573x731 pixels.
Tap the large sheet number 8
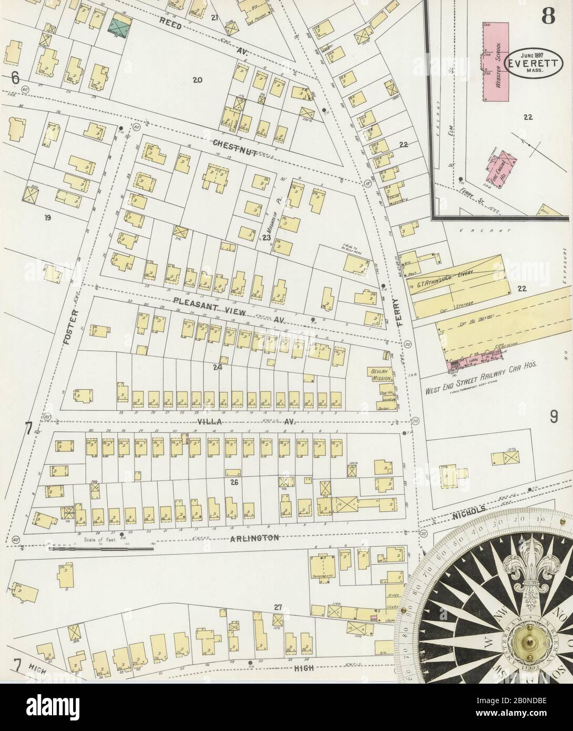point(548,17)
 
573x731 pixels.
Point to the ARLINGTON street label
point(254,537)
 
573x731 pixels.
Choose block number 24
point(218,367)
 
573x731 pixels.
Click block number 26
point(234,481)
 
